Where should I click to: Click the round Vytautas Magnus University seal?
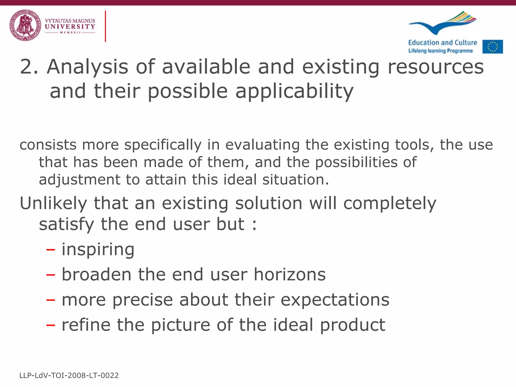click(25, 25)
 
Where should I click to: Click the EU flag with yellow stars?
click(493, 47)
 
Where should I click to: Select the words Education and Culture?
click(442, 43)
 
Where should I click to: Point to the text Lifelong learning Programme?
click(440, 51)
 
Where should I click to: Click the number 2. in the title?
click(29, 67)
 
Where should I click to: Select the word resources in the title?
click(436, 67)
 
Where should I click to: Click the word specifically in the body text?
click(163, 145)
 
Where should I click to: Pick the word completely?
click(390, 204)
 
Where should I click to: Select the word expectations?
click(335, 300)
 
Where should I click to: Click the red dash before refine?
click(50, 325)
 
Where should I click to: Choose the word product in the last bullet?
click(353, 325)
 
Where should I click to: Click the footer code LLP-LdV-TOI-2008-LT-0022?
click(69, 375)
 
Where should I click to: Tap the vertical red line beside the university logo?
click(105, 26)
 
